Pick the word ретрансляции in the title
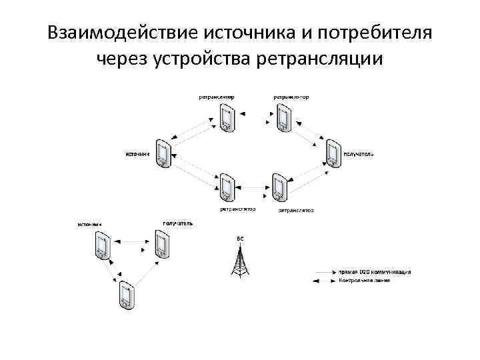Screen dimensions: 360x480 pos(320,60)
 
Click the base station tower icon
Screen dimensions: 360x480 pos(240,261)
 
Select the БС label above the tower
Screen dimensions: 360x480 pos(240,238)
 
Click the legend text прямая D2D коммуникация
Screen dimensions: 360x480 pos(374,272)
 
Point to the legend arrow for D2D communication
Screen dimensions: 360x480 pos(325,273)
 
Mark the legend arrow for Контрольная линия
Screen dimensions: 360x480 pos(325,281)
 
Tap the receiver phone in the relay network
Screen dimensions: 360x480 pos(332,153)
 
